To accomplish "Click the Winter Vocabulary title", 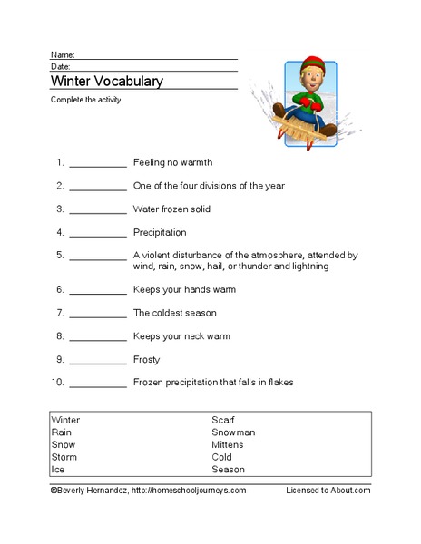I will [106, 81].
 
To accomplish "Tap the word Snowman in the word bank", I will [233, 432].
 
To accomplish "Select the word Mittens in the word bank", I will [230, 445].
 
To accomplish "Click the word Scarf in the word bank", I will [222, 420].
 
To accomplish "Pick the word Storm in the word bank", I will [64, 458].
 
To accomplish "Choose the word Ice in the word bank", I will [58, 471].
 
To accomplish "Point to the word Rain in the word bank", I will [63, 432].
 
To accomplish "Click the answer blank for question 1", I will [97, 164].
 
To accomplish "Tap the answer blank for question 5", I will [97, 257].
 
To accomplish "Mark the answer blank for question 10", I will [97, 384].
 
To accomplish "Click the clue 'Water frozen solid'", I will [172, 209].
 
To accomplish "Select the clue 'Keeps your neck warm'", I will [181, 336].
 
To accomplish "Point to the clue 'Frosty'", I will [146, 360].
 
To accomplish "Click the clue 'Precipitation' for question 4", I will [159, 232].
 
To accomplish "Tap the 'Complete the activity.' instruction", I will [86, 100].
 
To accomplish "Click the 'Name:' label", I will [63, 54].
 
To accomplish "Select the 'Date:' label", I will [61, 66].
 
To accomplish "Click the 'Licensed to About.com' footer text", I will [328, 490].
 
